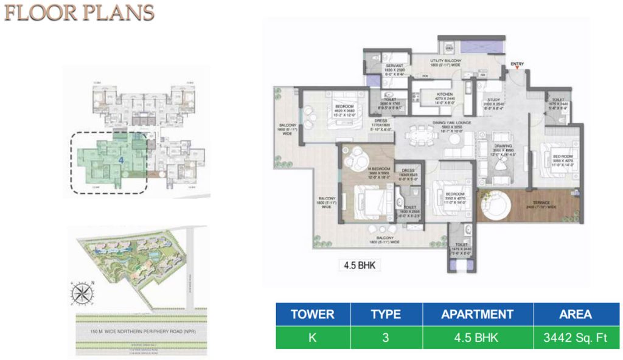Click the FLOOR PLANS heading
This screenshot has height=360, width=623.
(x=79, y=13)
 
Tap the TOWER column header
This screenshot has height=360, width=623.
(x=312, y=314)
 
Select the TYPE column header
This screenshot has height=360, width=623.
(x=386, y=314)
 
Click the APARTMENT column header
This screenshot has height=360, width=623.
(x=478, y=314)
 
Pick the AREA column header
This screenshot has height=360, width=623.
(x=576, y=314)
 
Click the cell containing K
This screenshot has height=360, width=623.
(x=312, y=337)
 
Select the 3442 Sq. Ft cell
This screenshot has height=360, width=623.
(x=576, y=337)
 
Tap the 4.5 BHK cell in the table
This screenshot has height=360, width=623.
(x=478, y=337)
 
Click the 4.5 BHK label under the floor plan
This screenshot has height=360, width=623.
(x=357, y=265)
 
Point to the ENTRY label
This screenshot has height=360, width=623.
(x=517, y=63)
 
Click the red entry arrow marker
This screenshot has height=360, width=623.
(x=517, y=69)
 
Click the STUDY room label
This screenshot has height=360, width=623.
(x=493, y=100)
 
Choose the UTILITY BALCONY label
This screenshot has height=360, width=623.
(x=446, y=61)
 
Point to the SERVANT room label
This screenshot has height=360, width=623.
(x=394, y=66)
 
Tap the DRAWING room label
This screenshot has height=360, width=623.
(x=502, y=147)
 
